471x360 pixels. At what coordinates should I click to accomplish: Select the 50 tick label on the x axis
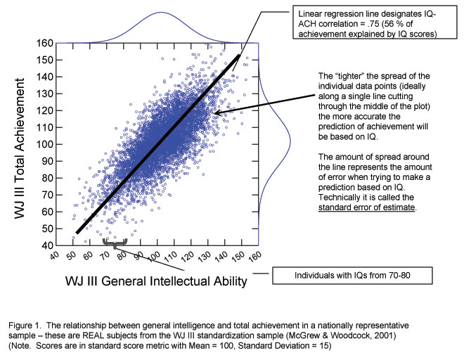[x=71, y=255]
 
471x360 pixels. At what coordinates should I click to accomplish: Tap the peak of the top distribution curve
[x=161, y=13]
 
